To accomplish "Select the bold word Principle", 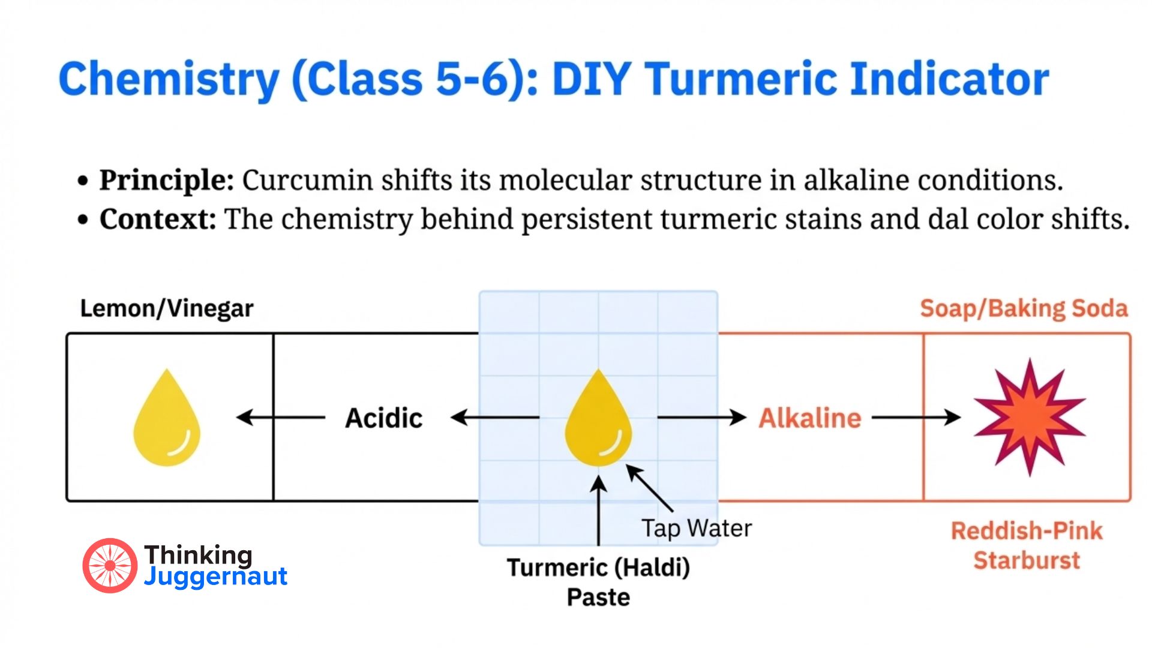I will point(167,180).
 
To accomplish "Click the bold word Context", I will point(158,219).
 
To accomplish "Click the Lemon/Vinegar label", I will point(167,308).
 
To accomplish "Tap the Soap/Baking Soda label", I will point(1024,308).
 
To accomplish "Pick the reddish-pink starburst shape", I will point(1029,417).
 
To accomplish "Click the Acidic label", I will point(383,418).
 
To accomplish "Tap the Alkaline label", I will point(810,418).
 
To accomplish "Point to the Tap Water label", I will point(696,529).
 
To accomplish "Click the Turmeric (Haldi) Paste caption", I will point(598,582).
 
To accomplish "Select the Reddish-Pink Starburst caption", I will point(1027,545).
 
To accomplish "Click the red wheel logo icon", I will point(110,565).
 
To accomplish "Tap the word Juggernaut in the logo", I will point(215,577).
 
